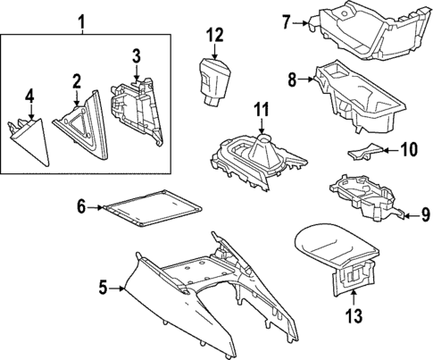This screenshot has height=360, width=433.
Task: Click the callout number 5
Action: click(x=104, y=288)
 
